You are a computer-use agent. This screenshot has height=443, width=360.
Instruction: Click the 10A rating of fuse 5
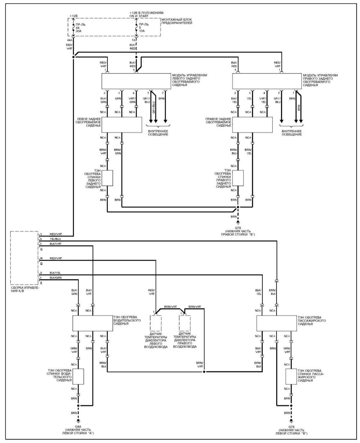tap(142, 30)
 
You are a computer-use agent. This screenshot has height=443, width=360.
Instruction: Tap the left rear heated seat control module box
tap(136, 81)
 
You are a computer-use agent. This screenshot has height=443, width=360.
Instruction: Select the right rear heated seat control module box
tap(267, 81)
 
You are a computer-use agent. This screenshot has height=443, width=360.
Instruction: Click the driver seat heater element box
tap(93, 323)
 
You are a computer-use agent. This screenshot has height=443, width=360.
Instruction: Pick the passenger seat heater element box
tap(277, 323)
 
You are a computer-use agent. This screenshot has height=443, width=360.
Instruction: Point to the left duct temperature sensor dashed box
tap(155, 323)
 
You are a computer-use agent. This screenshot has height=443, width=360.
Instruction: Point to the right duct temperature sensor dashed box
tap(184, 323)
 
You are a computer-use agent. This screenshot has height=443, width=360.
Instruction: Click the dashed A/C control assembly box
tap(24, 258)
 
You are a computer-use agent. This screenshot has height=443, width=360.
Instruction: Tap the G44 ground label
tap(78, 427)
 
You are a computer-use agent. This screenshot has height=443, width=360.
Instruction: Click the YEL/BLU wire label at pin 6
tap(55, 239)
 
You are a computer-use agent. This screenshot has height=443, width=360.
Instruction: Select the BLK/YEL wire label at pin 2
tap(55, 273)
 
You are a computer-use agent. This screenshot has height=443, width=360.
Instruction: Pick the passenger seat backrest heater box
tap(291, 376)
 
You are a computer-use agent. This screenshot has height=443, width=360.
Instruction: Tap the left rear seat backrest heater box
tap(107, 178)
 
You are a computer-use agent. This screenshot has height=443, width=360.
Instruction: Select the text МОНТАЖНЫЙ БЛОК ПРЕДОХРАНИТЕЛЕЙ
tap(177, 21)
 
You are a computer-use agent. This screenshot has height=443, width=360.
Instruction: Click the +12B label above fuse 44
tap(73, 16)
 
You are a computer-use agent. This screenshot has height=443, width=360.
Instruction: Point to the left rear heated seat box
tap(121, 125)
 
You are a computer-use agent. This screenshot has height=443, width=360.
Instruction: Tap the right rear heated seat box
tap(252, 125)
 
